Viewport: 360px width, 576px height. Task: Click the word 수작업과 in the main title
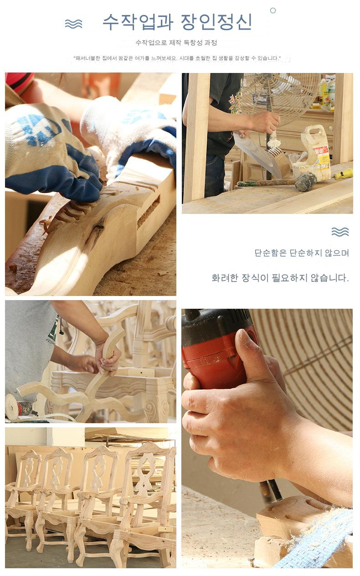pyautogui.click(x=138, y=22)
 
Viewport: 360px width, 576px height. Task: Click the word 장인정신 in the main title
pyautogui.click(x=216, y=22)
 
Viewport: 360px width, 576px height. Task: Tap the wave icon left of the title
pyautogui.click(x=73, y=24)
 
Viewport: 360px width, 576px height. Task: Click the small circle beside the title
pyautogui.click(x=273, y=10)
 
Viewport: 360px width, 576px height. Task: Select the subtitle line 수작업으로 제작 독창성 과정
pyautogui.click(x=176, y=43)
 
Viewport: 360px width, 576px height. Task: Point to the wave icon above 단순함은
pyautogui.click(x=340, y=232)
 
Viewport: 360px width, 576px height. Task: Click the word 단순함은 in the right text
pyautogui.click(x=270, y=253)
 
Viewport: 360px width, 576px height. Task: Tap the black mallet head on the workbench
pyautogui.click(x=305, y=182)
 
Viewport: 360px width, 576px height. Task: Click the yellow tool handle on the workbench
pyautogui.click(x=343, y=174)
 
